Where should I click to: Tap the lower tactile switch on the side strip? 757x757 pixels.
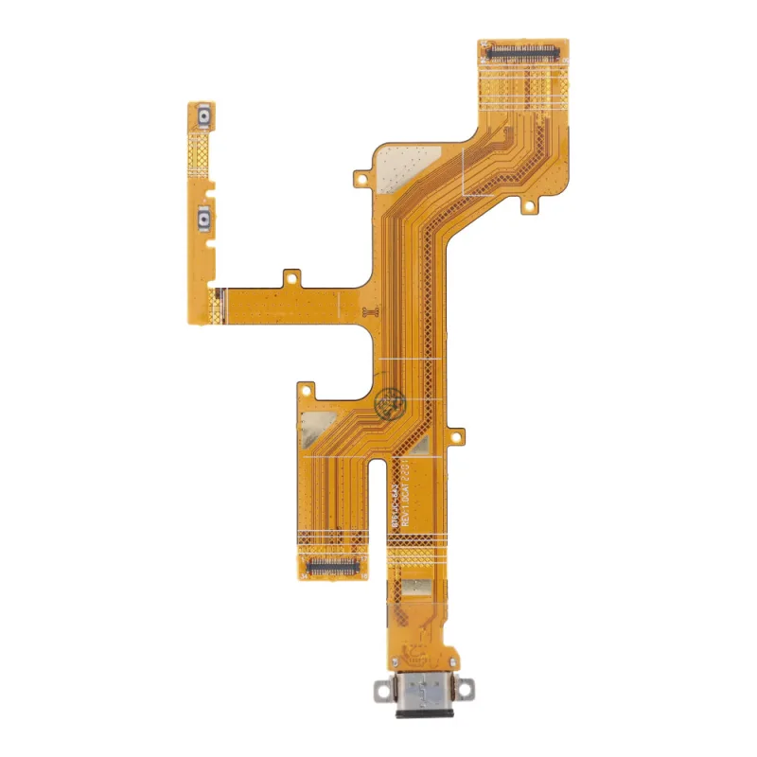tap(204, 220)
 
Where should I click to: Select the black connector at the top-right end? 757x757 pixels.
tap(524, 47)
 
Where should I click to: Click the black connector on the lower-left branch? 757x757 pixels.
tap(331, 565)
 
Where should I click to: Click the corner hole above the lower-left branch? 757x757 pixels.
tap(306, 388)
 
